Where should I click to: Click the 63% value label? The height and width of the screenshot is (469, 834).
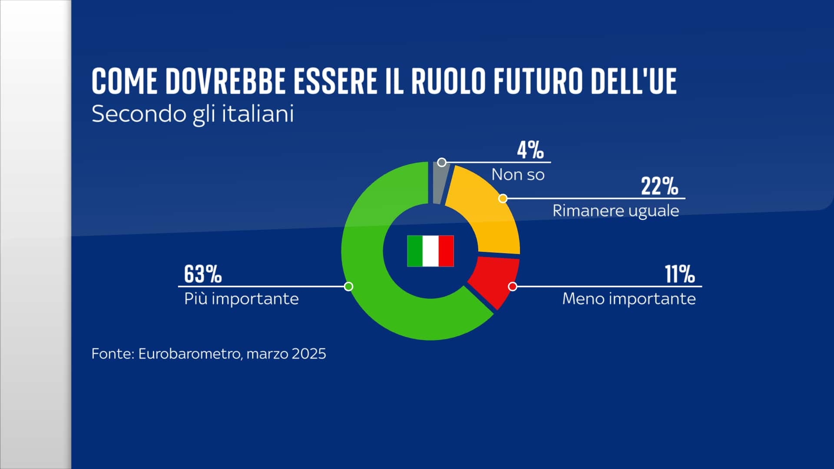pos(203,274)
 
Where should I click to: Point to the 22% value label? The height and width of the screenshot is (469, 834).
pos(659,186)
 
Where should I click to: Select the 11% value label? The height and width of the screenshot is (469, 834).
pos(680,274)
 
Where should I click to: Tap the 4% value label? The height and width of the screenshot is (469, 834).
pos(530,150)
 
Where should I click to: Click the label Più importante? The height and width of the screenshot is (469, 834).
pos(242,299)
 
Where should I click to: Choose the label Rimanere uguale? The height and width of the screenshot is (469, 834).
pos(616,211)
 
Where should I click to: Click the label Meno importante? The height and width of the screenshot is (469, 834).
pos(629,299)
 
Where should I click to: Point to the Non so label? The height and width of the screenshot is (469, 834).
pos(518,175)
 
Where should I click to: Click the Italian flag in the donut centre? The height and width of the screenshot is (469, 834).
pos(430,251)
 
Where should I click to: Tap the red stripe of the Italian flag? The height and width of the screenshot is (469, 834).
pos(446,251)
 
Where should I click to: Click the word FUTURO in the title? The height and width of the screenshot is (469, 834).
pos(537,81)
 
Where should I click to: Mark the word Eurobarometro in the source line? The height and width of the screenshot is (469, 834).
pos(189,353)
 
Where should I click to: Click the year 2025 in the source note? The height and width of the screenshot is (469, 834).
pos(308,353)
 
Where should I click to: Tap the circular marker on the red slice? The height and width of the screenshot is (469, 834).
pos(513,287)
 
